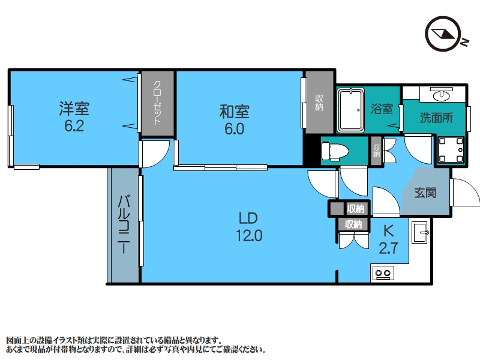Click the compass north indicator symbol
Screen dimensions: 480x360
click(x=443, y=34)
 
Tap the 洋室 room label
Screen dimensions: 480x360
click(x=74, y=109)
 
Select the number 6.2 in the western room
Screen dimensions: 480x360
click(x=74, y=126)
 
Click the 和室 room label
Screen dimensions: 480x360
click(x=234, y=112)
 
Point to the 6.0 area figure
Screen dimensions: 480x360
click(x=234, y=129)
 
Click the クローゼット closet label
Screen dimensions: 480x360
click(x=157, y=103)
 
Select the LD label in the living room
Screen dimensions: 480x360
click(x=248, y=218)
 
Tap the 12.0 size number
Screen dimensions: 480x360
click(x=249, y=236)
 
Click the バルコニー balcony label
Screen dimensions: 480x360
click(x=124, y=224)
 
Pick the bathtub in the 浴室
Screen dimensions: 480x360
click(x=351, y=110)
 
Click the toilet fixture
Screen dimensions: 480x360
click(x=335, y=151)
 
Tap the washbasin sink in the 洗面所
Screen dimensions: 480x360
click(x=441, y=94)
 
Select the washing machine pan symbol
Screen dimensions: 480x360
click(x=451, y=150)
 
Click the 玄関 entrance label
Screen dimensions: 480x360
click(x=425, y=193)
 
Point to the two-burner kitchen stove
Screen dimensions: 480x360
click(x=383, y=273)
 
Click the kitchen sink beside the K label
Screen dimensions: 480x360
click(x=419, y=232)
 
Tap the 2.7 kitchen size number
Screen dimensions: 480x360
click(x=388, y=248)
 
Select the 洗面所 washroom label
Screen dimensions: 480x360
click(x=436, y=118)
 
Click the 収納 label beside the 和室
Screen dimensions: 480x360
click(x=319, y=103)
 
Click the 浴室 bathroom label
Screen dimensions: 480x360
click(x=382, y=109)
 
